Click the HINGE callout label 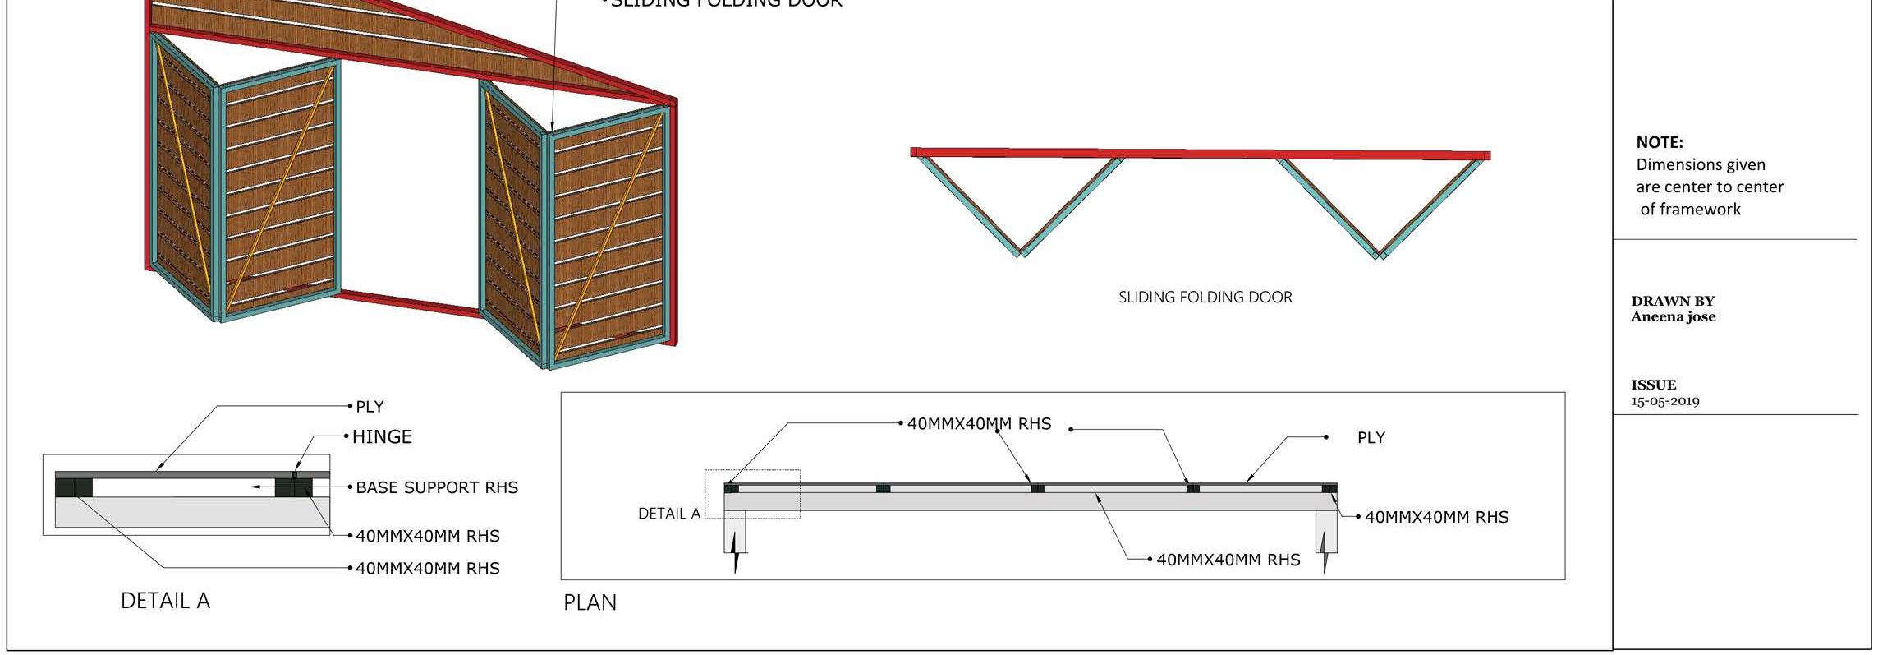coord(382,437)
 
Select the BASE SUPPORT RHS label coord(437,487)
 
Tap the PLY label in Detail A coord(370,407)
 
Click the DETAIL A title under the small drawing coord(165,601)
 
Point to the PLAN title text coord(590,602)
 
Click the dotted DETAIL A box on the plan coord(752,494)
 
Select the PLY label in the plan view coord(1371,438)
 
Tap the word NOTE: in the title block coord(1659,142)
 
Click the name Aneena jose coord(1673,316)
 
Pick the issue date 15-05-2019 coord(1664,401)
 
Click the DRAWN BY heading coord(1673,301)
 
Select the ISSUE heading coord(1654,385)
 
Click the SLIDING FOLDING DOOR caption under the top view coord(1205,298)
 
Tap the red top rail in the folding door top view coord(1200,154)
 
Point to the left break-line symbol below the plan coord(736,560)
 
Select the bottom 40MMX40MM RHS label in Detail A coord(427,568)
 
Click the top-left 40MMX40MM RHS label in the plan coord(979,424)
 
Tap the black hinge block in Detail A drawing coord(293,487)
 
